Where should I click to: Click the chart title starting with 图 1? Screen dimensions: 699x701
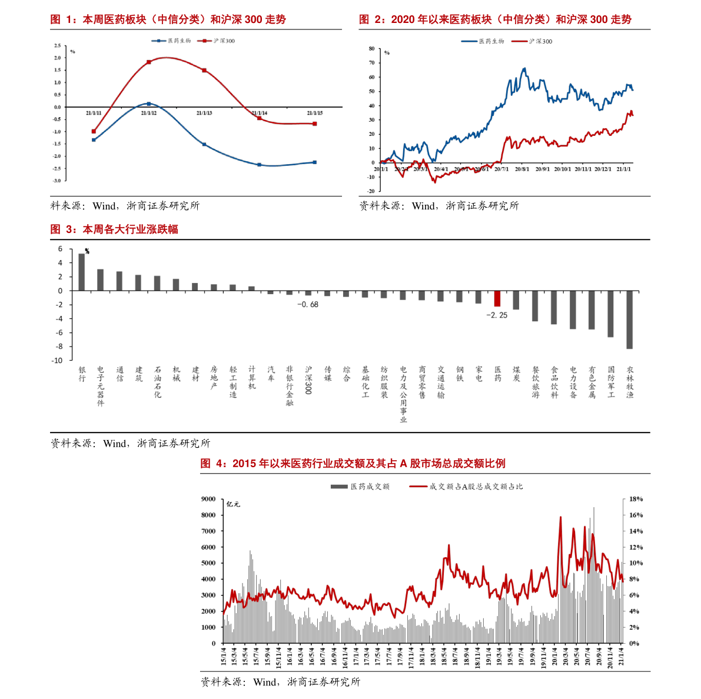click(168, 20)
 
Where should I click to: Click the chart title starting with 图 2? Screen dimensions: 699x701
click(495, 20)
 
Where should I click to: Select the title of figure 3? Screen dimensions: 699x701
click(114, 229)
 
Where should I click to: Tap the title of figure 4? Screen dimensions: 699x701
click(353, 464)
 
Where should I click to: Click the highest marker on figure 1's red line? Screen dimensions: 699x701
click(149, 62)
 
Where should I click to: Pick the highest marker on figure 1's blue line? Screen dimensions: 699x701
click(149, 104)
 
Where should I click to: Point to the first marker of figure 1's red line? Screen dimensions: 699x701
click(94, 131)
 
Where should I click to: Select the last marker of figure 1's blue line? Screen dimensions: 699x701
click(315, 162)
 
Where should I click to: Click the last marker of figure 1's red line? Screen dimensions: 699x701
click(315, 124)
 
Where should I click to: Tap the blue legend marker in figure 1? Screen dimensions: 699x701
click(158, 41)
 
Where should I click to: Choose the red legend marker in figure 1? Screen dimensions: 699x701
click(204, 41)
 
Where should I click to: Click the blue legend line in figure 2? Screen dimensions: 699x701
click(469, 41)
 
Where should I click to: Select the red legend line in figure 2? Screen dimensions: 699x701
click(519, 41)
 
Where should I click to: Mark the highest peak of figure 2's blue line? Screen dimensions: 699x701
click(524, 69)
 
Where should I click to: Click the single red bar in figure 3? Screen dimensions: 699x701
click(497, 298)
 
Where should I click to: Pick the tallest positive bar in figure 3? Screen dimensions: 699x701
click(82, 272)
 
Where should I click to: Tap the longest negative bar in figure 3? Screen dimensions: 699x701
click(629, 319)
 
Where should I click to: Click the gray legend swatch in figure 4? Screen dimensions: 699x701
click(339, 487)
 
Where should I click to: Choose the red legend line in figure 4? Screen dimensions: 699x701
click(418, 487)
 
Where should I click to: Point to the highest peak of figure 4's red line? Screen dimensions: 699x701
click(560, 518)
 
